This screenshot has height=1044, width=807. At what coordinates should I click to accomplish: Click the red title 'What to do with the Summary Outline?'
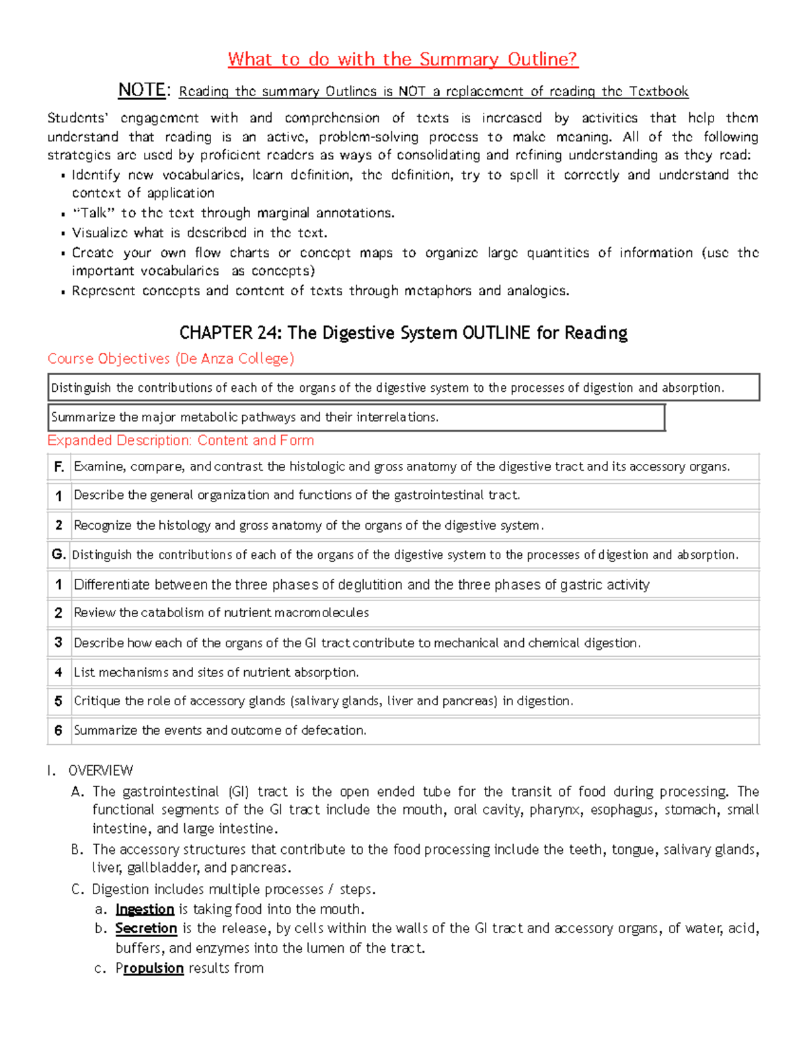[x=403, y=59]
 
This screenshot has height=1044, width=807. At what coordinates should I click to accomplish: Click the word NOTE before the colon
[x=141, y=90]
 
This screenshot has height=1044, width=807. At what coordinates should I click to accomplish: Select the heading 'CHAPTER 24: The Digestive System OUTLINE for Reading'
[x=403, y=333]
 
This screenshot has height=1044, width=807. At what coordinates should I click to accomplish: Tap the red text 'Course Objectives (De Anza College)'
[x=171, y=359]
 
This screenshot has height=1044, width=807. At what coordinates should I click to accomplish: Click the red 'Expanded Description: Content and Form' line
[x=180, y=440]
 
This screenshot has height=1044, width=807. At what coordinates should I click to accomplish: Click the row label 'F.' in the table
[x=59, y=467]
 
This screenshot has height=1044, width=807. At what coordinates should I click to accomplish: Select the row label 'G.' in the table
[x=59, y=555]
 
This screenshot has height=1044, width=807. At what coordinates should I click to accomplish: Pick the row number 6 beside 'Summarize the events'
[x=59, y=730]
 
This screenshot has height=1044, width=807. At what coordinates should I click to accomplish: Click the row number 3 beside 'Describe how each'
[x=59, y=643]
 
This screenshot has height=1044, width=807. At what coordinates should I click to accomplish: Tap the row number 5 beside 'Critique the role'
[x=59, y=701]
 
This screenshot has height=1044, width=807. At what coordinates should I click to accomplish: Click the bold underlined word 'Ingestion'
[x=145, y=910]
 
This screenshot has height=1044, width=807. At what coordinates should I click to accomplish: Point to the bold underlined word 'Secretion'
[x=146, y=928]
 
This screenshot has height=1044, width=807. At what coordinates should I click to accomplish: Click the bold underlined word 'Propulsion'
[x=149, y=968]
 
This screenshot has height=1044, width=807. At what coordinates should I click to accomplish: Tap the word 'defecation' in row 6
[x=333, y=730]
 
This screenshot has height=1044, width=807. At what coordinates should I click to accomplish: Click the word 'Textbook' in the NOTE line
[x=658, y=91]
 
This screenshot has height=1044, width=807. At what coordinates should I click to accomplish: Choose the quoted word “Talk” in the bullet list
[x=93, y=213]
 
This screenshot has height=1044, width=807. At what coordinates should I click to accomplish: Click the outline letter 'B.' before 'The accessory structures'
[x=77, y=850]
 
